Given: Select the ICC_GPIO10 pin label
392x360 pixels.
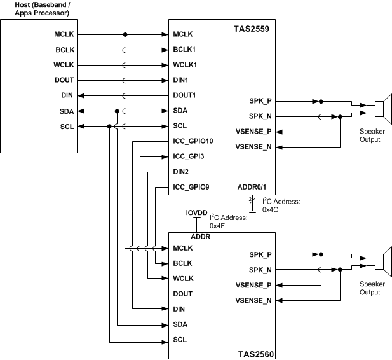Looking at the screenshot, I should click(x=194, y=141).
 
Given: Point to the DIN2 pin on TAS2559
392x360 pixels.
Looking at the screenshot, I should click(x=181, y=172).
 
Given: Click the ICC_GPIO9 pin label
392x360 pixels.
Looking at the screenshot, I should click(x=192, y=187).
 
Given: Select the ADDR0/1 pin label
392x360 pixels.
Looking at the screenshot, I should click(x=255, y=187).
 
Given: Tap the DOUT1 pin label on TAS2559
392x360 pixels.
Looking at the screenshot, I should click(x=184, y=95).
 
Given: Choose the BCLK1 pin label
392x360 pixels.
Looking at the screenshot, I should click(x=184, y=50).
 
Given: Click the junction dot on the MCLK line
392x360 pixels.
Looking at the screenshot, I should click(x=125, y=34).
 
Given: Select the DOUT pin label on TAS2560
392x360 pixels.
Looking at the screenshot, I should click(x=182, y=294).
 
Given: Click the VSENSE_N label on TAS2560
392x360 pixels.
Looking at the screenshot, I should click(x=253, y=300).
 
